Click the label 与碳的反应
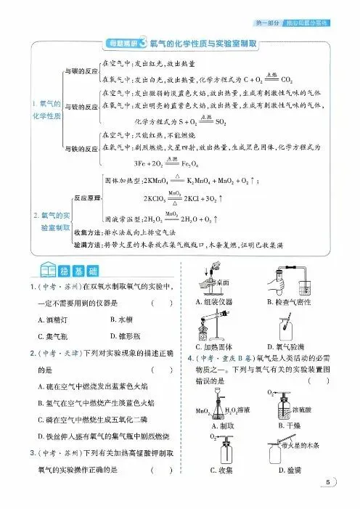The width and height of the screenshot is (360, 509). click(x=81, y=72)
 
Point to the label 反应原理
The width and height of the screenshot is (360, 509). click(x=85, y=197)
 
